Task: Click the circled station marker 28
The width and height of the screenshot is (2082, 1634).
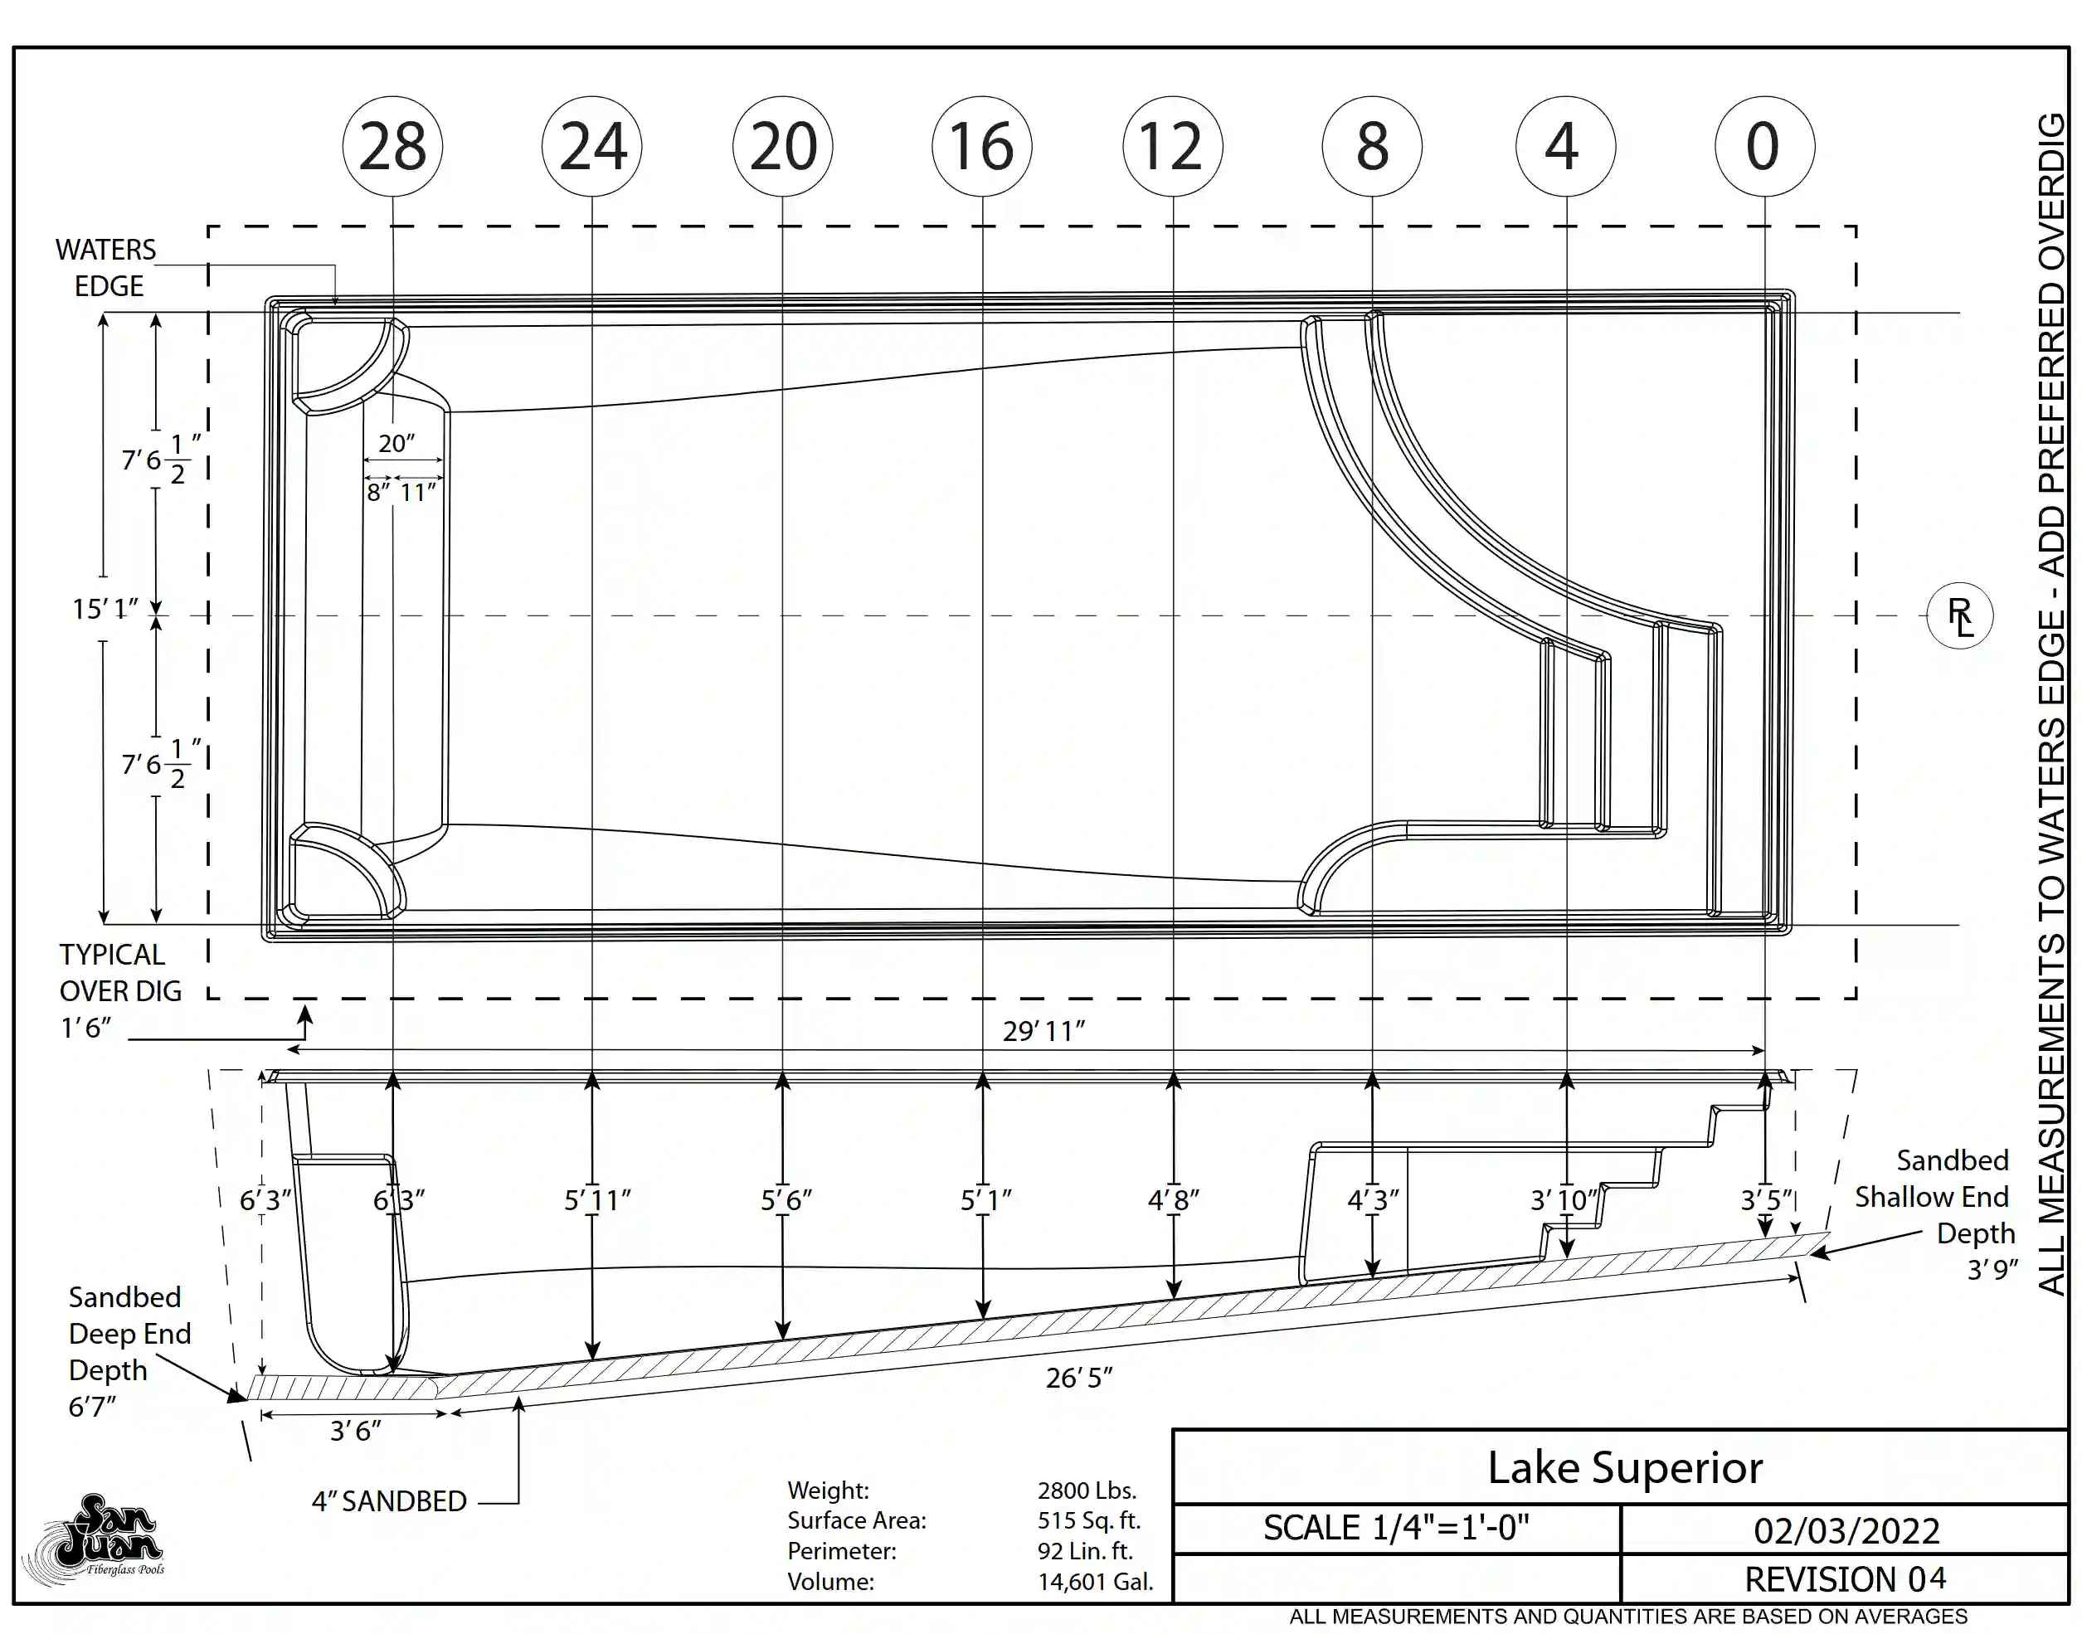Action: click(392, 146)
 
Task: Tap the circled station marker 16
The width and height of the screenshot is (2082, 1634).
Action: click(981, 146)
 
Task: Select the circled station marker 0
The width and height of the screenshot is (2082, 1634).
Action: click(1764, 146)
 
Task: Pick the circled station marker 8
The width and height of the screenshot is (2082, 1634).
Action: click(1372, 146)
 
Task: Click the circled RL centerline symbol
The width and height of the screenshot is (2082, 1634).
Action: click(1959, 615)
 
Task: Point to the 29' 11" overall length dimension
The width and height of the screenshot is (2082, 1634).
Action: click(1043, 1031)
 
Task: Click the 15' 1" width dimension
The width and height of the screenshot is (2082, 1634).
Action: click(105, 609)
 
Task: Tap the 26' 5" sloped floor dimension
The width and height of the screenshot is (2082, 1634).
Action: click(1079, 1378)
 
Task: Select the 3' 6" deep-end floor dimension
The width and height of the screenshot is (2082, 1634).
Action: click(356, 1430)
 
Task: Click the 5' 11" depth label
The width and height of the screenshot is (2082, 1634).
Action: click(597, 1199)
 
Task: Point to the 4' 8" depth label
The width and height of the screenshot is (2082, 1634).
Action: click(1173, 1199)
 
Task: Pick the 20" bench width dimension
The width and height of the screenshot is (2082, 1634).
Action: click(396, 443)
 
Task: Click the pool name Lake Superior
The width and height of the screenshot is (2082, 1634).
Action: click(1625, 1467)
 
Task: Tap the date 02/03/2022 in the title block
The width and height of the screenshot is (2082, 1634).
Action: click(1846, 1530)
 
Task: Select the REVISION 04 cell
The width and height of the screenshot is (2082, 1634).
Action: click(1845, 1579)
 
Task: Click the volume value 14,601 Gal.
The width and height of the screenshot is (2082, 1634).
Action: click(1096, 1582)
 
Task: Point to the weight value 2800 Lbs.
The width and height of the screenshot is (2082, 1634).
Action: click(1087, 1491)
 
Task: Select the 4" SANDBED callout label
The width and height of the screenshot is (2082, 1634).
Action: click(388, 1501)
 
